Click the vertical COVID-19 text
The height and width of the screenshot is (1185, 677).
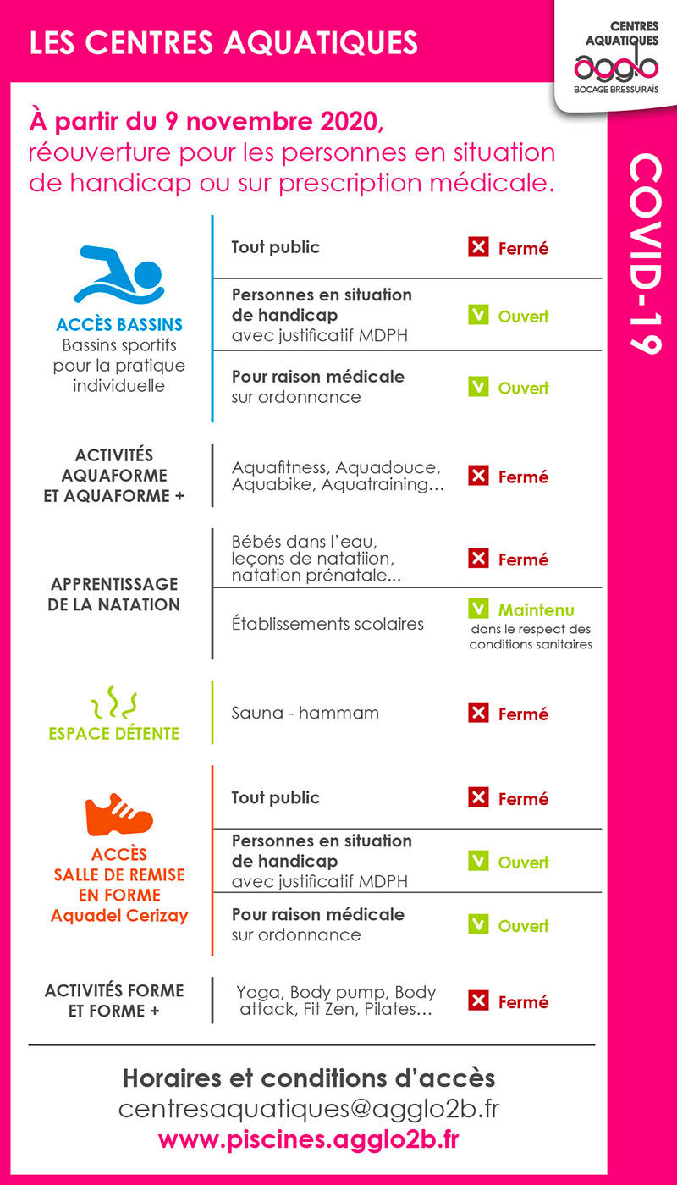[643, 254]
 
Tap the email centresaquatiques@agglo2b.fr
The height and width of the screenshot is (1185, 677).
[308, 1108]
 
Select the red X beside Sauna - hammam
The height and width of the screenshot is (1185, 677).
[479, 714]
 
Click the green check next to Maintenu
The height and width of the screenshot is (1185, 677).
[479, 609]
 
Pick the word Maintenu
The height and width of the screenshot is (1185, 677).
[537, 609]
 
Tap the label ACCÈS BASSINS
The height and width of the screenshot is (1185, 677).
[119, 325]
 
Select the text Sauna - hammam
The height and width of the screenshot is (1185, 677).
[305, 713]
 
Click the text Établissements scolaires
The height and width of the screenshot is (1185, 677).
[327, 624]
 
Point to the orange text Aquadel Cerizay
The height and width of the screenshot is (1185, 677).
[119, 915]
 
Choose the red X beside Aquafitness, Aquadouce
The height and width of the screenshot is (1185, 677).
[479, 477]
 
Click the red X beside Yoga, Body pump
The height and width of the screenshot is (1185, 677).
[479, 1001]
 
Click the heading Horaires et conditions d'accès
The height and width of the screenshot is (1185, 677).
[308, 1078]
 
